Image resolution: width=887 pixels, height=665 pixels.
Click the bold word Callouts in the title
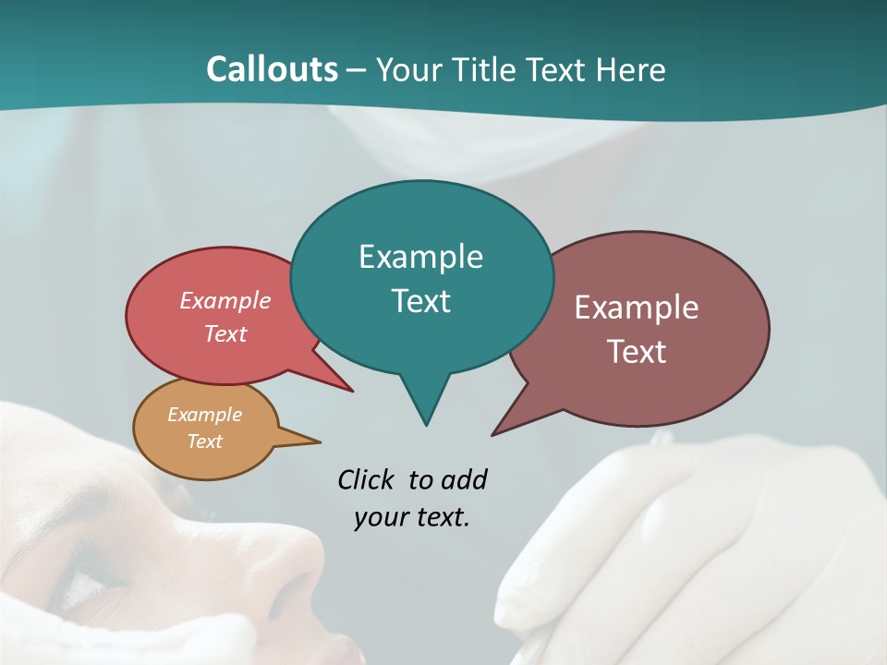(x=272, y=69)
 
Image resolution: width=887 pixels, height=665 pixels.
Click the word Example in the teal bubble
(x=420, y=257)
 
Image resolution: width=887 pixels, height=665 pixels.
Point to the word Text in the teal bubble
(x=420, y=301)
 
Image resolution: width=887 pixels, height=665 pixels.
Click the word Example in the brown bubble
(x=636, y=308)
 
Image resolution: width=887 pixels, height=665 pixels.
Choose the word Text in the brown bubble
(x=638, y=352)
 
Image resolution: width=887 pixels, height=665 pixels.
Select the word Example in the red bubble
(x=225, y=301)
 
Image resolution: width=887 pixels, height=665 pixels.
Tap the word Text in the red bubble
(x=225, y=334)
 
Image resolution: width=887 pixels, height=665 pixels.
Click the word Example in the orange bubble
(x=204, y=415)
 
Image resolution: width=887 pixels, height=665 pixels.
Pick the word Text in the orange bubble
(x=204, y=441)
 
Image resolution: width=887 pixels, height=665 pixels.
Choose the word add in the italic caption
(x=463, y=480)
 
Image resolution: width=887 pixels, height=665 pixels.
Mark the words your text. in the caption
(x=412, y=517)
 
